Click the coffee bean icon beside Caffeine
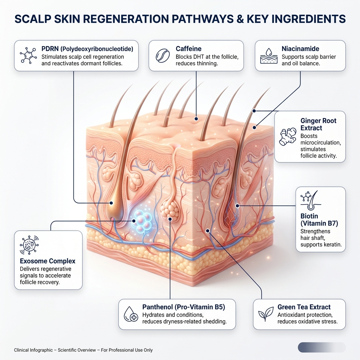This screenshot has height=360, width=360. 163,56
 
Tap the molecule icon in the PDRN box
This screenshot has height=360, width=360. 28,55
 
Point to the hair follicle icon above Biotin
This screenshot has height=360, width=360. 311,200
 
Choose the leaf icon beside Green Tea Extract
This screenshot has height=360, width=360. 266,314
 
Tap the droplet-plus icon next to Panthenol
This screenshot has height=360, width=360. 131,314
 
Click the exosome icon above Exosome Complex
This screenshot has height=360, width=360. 29,245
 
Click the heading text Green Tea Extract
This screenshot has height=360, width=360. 304,307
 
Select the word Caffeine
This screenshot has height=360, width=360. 188,49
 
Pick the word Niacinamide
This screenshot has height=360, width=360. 300,49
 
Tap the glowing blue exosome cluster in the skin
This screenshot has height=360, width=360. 143,221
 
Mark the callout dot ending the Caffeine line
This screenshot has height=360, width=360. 196,119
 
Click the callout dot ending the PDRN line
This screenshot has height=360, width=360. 111,203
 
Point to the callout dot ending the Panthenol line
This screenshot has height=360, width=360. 170,219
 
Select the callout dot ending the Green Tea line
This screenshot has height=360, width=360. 207,231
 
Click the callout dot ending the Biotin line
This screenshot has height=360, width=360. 237,206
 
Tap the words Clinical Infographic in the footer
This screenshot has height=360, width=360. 33,350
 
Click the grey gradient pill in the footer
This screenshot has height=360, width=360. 322,347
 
